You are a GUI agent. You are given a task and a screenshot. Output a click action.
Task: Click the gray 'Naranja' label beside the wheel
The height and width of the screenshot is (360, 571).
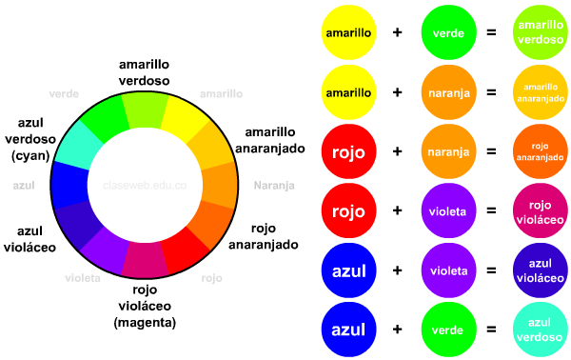[x=273, y=185]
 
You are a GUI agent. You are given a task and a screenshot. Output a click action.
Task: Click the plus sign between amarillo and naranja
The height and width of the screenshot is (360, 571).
[x=397, y=91]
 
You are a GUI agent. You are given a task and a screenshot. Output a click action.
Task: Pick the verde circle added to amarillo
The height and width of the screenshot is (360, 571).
[x=447, y=32]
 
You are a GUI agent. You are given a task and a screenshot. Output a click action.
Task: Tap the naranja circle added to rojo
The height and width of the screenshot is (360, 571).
[x=447, y=151]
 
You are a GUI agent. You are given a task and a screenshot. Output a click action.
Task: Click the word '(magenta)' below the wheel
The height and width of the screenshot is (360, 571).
[x=145, y=323]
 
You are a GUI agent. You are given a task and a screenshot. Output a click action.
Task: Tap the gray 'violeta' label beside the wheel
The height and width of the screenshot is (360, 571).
[x=84, y=278]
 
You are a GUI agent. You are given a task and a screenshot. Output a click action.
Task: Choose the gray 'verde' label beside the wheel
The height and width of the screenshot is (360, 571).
[x=63, y=93]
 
